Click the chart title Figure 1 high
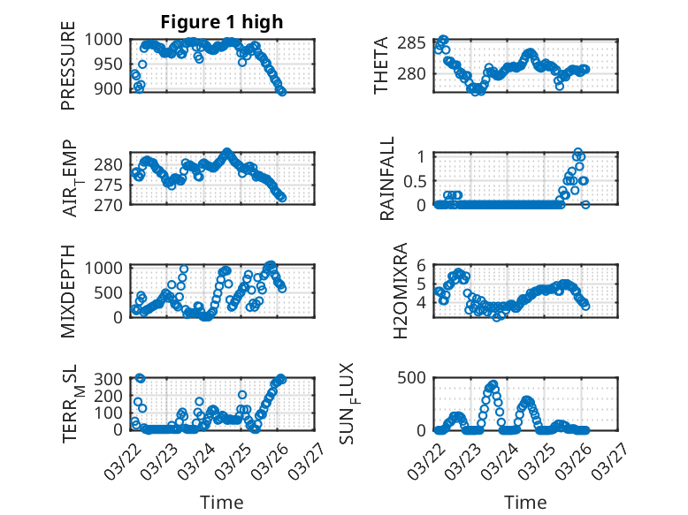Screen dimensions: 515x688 point(222,22)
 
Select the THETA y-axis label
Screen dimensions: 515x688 point(381,66)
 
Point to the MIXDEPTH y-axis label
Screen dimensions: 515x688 point(68,292)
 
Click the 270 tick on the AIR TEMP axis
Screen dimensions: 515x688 point(111,204)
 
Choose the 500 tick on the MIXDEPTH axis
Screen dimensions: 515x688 point(111,292)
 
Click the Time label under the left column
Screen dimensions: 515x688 point(222,502)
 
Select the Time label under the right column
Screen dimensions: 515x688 point(525,502)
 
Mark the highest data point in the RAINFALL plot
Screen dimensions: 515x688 point(577,152)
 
